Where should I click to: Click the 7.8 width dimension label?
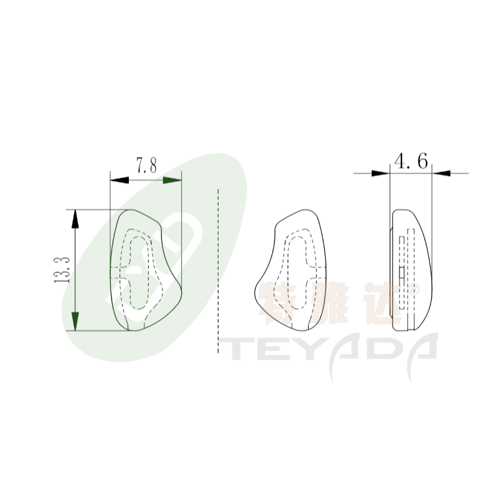(146, 166)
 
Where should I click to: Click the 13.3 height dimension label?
(62, 270)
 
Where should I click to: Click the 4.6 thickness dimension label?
(411, 161)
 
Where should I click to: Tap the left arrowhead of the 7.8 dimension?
(120, 180)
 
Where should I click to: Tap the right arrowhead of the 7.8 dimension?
(172, 180)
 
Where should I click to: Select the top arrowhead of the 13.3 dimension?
(75, 219)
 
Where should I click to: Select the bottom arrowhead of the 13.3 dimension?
(75, 321)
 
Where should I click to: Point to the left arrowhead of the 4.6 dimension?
(380, 174)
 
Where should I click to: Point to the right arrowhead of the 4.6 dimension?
(441, 174)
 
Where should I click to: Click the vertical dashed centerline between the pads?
(218, 271)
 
